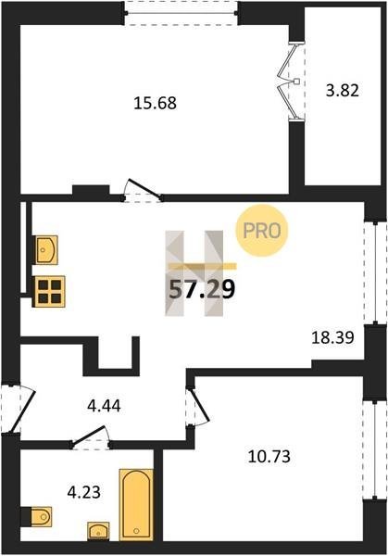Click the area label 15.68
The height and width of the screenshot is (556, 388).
(156, 103)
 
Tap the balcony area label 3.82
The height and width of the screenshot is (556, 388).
(343, 91)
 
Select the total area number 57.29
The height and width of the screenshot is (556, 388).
(202, 289)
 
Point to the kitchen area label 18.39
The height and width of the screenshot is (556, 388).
(332, 337)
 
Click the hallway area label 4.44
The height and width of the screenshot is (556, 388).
(104, 406)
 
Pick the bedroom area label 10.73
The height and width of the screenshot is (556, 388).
(269, 456)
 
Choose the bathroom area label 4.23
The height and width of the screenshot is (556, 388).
(84, 492)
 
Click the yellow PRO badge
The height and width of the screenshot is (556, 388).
(262, 231)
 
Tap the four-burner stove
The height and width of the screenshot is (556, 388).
(48, 292)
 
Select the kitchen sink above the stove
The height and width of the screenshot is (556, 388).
(47, 249)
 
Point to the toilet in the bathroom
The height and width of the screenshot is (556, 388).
(36, 517)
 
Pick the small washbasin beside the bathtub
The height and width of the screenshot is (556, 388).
(98, 531)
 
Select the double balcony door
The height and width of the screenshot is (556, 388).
(292, 82)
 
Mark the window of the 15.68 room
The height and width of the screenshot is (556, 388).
(181, 13)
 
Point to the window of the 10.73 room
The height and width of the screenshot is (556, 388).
(376, 450)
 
